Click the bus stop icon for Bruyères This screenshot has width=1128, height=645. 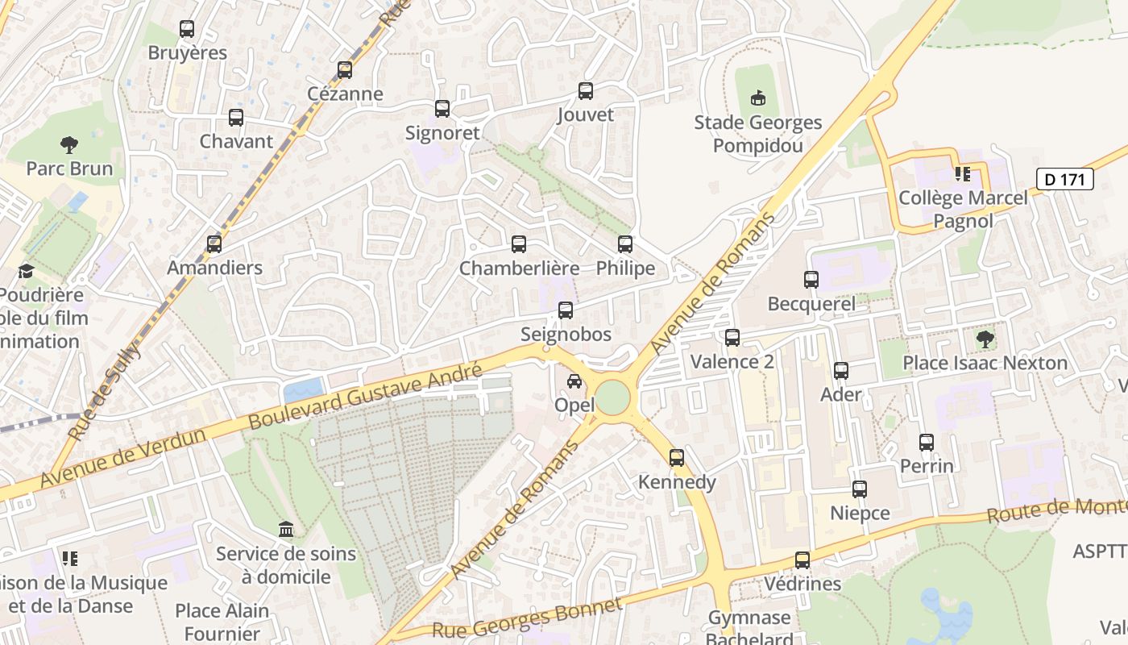(187, 30)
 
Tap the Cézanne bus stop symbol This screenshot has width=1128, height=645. (345, 70)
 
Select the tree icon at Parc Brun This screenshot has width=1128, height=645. (69, 145)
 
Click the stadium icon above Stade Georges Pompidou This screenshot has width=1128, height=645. (757, 98)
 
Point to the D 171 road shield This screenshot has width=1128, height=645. (1064, 179)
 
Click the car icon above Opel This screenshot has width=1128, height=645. (574, 381)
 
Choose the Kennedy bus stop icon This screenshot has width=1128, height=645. (677, 458)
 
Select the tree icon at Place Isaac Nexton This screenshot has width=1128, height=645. (985, 339)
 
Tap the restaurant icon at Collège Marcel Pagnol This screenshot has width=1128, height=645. (962, 173)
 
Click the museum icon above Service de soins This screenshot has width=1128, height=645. (285, 530)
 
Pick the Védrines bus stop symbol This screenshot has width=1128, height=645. (802, 560)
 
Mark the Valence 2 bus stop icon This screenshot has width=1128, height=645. (732, 338)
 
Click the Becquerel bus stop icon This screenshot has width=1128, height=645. (811, 280)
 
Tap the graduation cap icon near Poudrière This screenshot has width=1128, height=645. (26, 271)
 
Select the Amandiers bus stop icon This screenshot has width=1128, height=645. (214, 243)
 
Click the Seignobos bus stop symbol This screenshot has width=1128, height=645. (566, 310)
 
